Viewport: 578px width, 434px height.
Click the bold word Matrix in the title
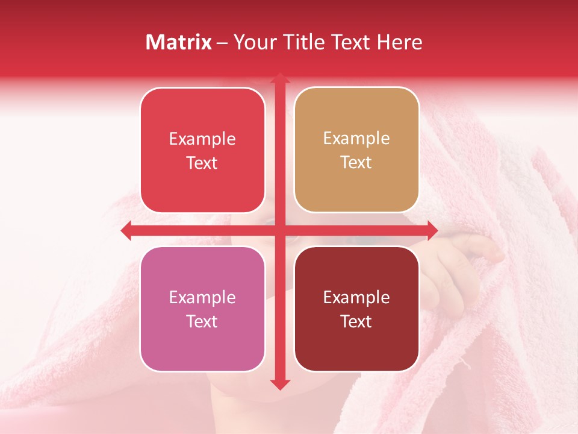pyautogui.click(x=179, y=42)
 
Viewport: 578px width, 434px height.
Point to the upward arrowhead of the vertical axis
pyautogui.click(x=279, y=79)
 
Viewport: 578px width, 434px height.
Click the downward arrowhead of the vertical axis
pyautogui.click(x=279, y=384)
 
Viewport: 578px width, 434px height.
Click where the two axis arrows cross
pyautogui.click(x=279, y=230)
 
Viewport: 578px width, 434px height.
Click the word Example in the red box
pyautogui.click(x=202, y=139)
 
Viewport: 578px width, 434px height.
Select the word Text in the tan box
pyautogui.click(x=356, y=163)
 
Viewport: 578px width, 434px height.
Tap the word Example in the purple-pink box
pyautogui.click(x=202, y=298)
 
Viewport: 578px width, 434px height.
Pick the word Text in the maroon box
pyautogui.click(x=356, y=322)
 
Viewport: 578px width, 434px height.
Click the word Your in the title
pyautogui.click(x=252, y=42)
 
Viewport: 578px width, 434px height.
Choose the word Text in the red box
pyautogui.click(x=202, y=163)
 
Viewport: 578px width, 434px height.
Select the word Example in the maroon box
pyautogui.click(x=356, y=298)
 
